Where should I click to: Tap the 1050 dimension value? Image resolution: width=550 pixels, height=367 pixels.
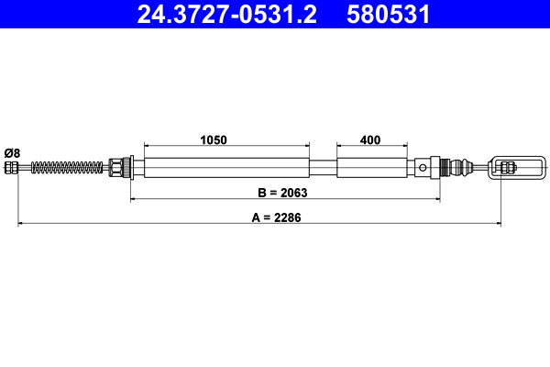tap(214, 140)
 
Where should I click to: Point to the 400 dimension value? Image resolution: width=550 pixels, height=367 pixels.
tap(370, 140)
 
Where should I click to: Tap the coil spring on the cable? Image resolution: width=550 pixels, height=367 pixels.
tap(68, 167)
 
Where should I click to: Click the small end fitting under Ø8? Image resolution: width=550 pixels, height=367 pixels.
tap(11, 167)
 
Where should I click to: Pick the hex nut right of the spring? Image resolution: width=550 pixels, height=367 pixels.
tap(116, 167)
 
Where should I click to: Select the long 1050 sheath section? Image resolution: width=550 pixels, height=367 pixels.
tap(226, 167)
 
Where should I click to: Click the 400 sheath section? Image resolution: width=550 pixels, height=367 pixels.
tap(370, 167)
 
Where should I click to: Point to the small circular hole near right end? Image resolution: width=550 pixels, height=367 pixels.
tap(423, 167)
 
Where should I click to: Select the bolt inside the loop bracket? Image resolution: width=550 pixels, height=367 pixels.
tap(507, 167)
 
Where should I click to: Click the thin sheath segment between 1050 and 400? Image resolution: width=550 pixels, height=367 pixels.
tap(323, 167)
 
